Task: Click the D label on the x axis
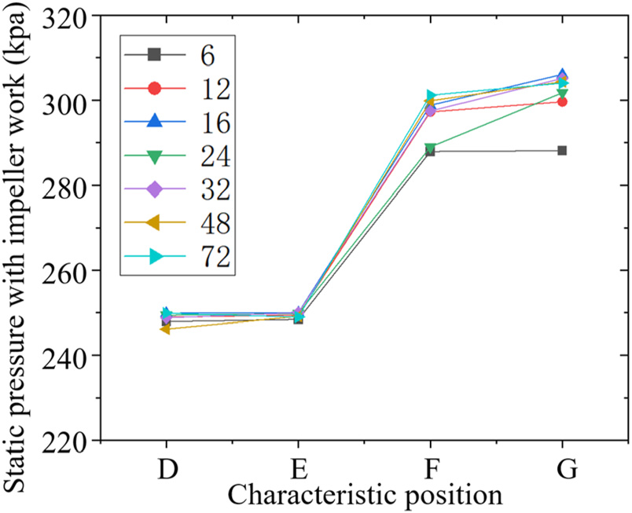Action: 166,469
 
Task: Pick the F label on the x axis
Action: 431,469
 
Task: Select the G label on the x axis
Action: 564,469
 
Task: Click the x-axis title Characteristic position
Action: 365,495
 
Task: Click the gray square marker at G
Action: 563,150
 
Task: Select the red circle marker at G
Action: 563,101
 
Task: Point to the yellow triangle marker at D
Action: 165,329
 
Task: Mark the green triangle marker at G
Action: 563,94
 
